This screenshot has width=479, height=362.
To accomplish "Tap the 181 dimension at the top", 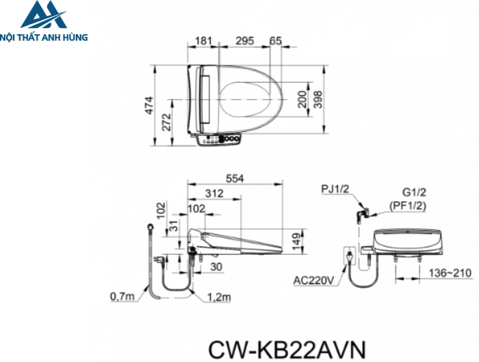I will [203, 41].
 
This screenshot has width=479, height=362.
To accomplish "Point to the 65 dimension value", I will [276, 41].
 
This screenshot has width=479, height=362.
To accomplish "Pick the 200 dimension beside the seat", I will [302, 101].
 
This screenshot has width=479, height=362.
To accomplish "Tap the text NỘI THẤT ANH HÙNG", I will [44, 38].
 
